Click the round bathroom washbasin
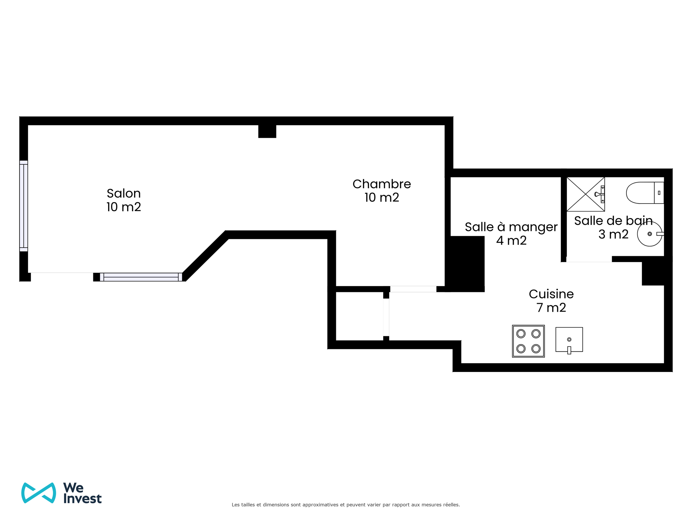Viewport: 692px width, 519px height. [650, 234]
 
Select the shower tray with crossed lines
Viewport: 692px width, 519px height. [586, 194]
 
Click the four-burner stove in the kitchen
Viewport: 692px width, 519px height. [528, 341]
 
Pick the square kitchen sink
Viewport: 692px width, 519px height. [569, 340]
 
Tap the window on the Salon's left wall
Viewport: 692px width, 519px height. [23, 206]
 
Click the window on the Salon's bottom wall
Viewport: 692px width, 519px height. [141, 277]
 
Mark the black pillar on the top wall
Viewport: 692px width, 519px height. [267, 131]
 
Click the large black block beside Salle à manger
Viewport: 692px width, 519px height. [466, 264]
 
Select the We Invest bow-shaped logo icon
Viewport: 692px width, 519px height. [39, 493]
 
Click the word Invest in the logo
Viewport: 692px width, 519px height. [83, 498]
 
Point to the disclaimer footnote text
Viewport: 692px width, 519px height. [346, 505]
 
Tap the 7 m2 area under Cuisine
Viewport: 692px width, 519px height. [551, 308]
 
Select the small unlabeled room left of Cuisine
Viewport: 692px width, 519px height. [359, 316]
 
